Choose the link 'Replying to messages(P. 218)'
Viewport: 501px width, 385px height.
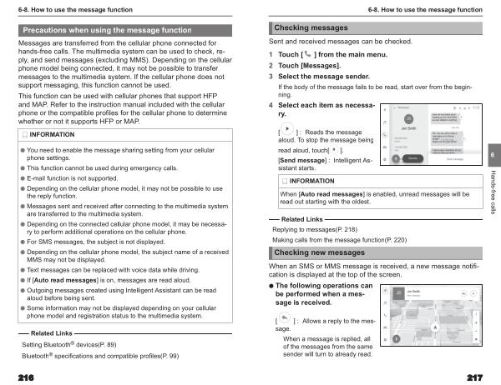tap(315, 228)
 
